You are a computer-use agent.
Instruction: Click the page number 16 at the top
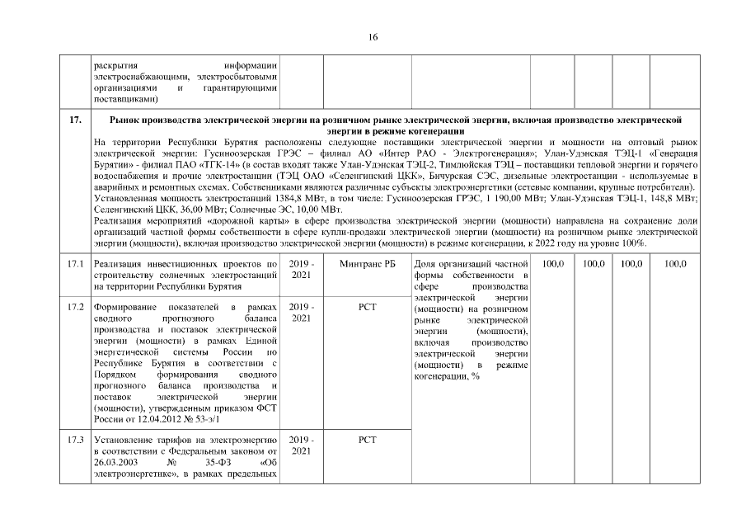tap(373, 35)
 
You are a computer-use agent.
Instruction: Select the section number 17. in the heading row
tap(75, 121)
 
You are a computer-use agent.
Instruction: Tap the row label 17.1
tap(76, 263)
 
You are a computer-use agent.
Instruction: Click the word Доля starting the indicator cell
tap(423, 263)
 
